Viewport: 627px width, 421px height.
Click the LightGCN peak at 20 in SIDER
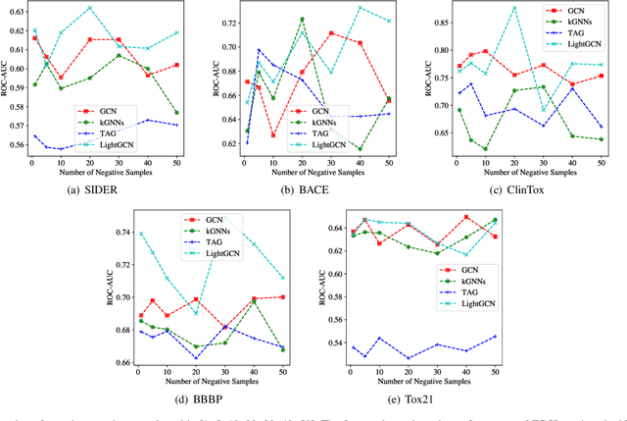(89, 8)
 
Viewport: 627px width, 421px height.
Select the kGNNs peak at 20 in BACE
(302, 19)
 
